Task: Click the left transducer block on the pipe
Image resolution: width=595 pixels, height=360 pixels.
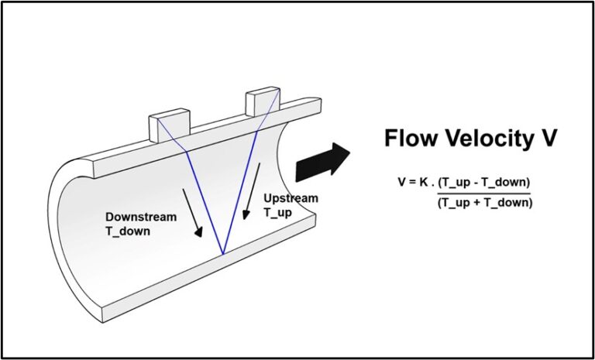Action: click(x=169, y=125)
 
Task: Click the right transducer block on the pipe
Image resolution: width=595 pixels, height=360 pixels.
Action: click(x=261, y=101)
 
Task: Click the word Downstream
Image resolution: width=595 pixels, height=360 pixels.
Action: click(x=141, y=217)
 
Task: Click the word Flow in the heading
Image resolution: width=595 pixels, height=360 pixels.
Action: click(x=412, y=139)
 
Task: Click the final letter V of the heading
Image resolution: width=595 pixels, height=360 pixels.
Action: click(x=548, y=139)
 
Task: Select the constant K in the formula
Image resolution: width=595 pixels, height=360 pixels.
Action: click(x=425, y=183)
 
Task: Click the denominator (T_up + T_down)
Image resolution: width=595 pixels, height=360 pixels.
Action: click(x=484, y=202)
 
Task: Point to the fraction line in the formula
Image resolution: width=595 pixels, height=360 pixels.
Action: click(x=484, y=193)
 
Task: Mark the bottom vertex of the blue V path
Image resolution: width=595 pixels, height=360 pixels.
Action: click(x=223, y=253)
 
